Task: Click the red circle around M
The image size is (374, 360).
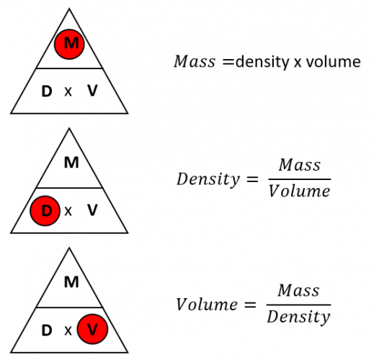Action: [x=71, y=45]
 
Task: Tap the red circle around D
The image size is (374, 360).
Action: [x=46, y=211]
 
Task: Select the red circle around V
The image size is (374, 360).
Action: [x=92, y=330]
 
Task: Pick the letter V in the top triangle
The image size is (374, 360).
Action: [x=92, y=91]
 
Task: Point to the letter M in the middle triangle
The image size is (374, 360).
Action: [x=71, y=163]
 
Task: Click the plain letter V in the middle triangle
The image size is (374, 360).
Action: [x=92, y=211]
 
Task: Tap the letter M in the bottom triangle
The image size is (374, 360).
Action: [x=71, y=282]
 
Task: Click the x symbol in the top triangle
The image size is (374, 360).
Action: [x=69, y=92]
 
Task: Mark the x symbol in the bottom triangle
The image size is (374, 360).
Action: [x=68, y=331]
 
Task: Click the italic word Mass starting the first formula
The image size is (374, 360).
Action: [x=194, y=63]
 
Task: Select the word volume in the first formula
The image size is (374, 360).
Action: [x=333, y=63]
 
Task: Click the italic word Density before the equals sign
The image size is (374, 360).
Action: [x=208, y=179]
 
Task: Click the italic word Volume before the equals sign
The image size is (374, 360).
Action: [x=206, y=304]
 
